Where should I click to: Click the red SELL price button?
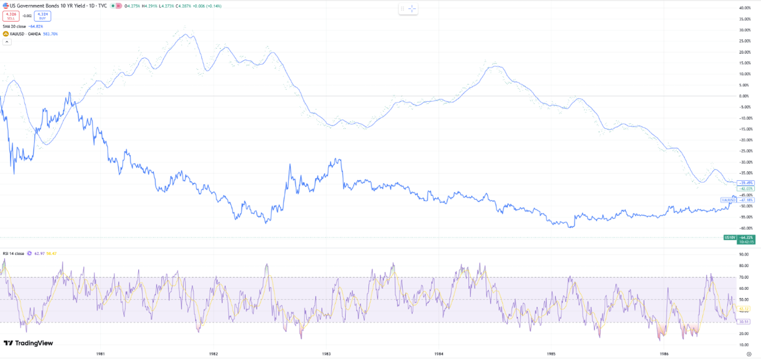point(11,16)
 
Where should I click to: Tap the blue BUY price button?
point(43,16)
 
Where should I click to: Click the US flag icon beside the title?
point(6,6)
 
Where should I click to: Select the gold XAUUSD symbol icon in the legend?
point(6,34)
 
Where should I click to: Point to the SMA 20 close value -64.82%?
point(35,26)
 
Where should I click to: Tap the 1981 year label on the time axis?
point(101,353)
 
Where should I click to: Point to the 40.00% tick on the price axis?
point(744,8)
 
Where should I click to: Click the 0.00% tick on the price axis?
point(745,96)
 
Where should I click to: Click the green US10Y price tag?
point(731,237)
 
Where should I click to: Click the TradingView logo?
point(29,343)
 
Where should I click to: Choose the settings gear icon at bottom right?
point(749,353)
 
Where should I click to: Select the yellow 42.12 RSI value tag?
point(744,309)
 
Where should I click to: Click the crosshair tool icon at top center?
point(412,9)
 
